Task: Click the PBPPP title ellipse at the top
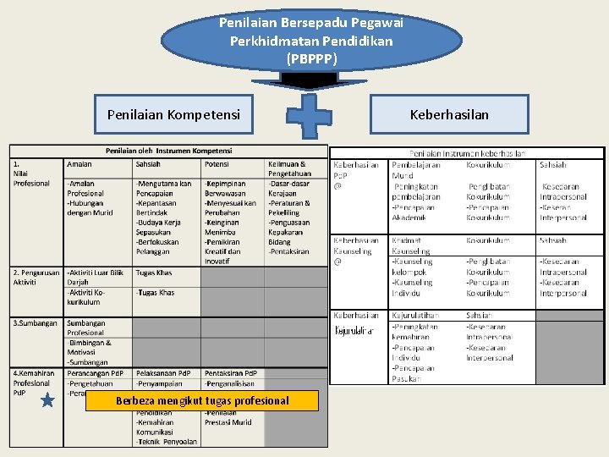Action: [311, 40]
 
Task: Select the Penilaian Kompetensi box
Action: [173, 113]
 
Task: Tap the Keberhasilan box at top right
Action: [449, 113]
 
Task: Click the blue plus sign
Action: [310, 114]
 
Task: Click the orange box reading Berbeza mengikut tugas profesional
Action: [202, 400]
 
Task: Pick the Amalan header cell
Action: [80, 163]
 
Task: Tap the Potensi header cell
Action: [217, 163]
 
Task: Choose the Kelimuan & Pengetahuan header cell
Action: [287, 168]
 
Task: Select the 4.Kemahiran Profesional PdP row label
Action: [34, 383]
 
